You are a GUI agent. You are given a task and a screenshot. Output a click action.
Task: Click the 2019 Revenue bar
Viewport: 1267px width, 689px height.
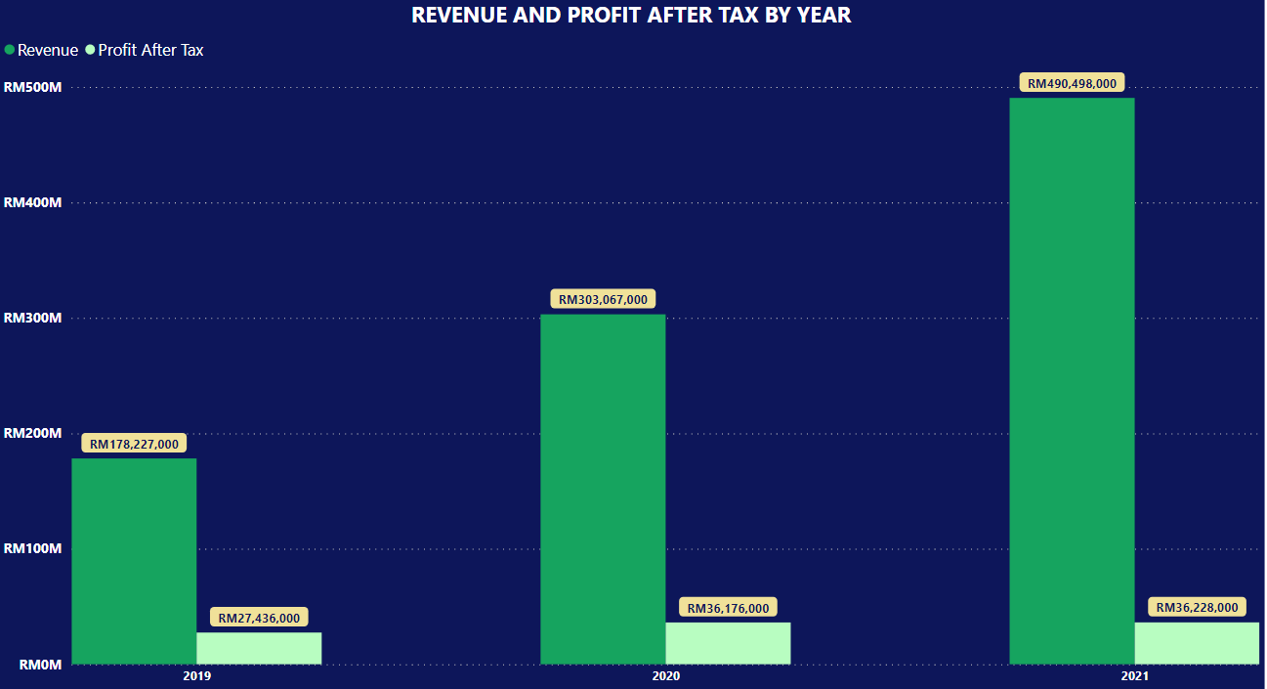(134, 561)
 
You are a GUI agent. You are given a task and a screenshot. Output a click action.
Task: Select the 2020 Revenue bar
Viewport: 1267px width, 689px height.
(603, 489)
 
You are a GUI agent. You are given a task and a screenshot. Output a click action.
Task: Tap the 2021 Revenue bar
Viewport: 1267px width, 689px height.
(1072, 381)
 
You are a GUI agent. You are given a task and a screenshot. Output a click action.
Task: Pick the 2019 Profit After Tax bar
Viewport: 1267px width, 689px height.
(259, 648)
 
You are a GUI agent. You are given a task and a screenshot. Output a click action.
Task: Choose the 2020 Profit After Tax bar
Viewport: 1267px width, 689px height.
(728, 643)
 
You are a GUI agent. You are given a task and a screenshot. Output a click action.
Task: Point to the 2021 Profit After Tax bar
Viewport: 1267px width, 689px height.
(1197, 643)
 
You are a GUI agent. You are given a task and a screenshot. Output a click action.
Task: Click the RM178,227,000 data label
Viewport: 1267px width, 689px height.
(134, 444)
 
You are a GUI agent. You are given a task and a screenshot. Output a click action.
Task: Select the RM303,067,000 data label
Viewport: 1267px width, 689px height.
(603, 299)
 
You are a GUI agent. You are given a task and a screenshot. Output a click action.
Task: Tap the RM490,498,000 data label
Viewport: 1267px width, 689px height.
(1072, 83)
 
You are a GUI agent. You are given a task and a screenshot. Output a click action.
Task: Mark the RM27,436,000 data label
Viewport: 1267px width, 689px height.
(259, 618)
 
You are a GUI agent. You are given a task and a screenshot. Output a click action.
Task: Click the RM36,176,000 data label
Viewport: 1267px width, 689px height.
(728, 608)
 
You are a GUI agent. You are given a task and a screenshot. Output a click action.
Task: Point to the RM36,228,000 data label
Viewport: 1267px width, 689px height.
(1197, 607)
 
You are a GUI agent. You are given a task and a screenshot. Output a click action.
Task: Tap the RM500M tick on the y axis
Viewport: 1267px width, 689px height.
(33, 87)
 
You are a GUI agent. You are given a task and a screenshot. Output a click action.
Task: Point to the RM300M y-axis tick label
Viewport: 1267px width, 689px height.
(33, 318)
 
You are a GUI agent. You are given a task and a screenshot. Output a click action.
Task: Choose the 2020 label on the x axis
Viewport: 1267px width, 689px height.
(666, 676)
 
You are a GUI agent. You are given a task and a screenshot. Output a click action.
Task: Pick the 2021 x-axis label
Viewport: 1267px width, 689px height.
(1134, 676)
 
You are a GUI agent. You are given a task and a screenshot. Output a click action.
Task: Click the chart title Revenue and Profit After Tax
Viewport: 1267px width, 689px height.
(631, 15)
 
